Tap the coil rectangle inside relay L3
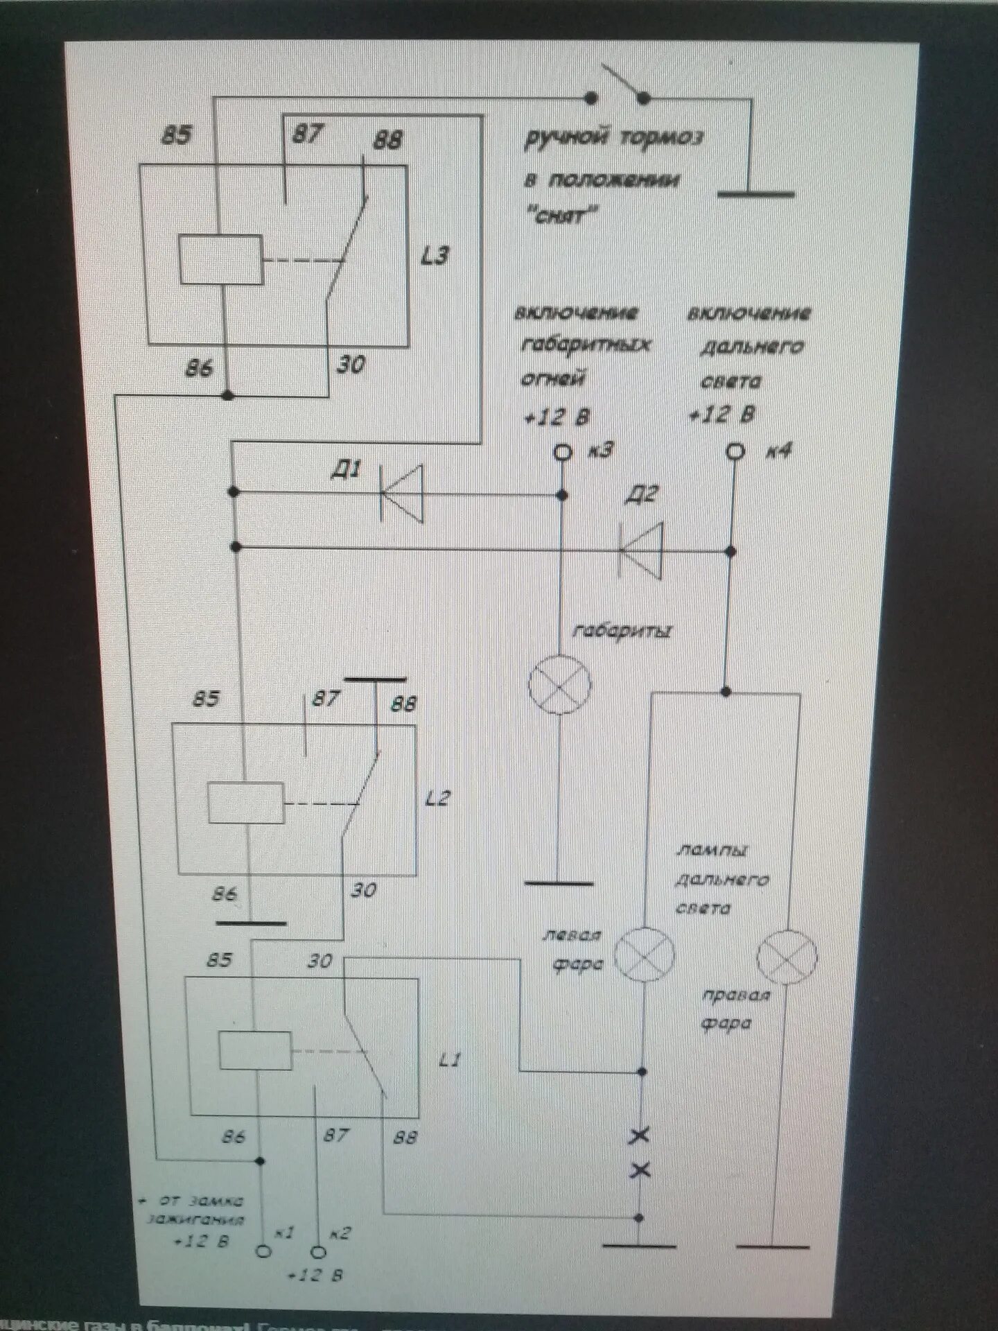pyautogui.click(x=221, y=260)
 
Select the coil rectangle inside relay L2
pyautogui.click(x=246, y=803)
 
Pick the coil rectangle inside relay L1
pyautogui.click(x=255, y=1050)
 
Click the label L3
pyautogui.click(x=435, y=256)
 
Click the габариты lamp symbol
pyautogui.click(x=560, y=684)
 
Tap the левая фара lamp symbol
pyautogui.click(x=645, y=955)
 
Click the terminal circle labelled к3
pyautogui.click(x=563, y=453)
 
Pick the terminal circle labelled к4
pyautogui.click(x=735, y=452)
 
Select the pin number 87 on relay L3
pyautogui.click(x=306, y=134)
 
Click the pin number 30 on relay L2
pyautogui.click(x=362, y=890)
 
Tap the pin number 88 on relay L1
pyautogui.click(x=405, y=1137)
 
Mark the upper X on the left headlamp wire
pyautogui.click(x=640, y=1136)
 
